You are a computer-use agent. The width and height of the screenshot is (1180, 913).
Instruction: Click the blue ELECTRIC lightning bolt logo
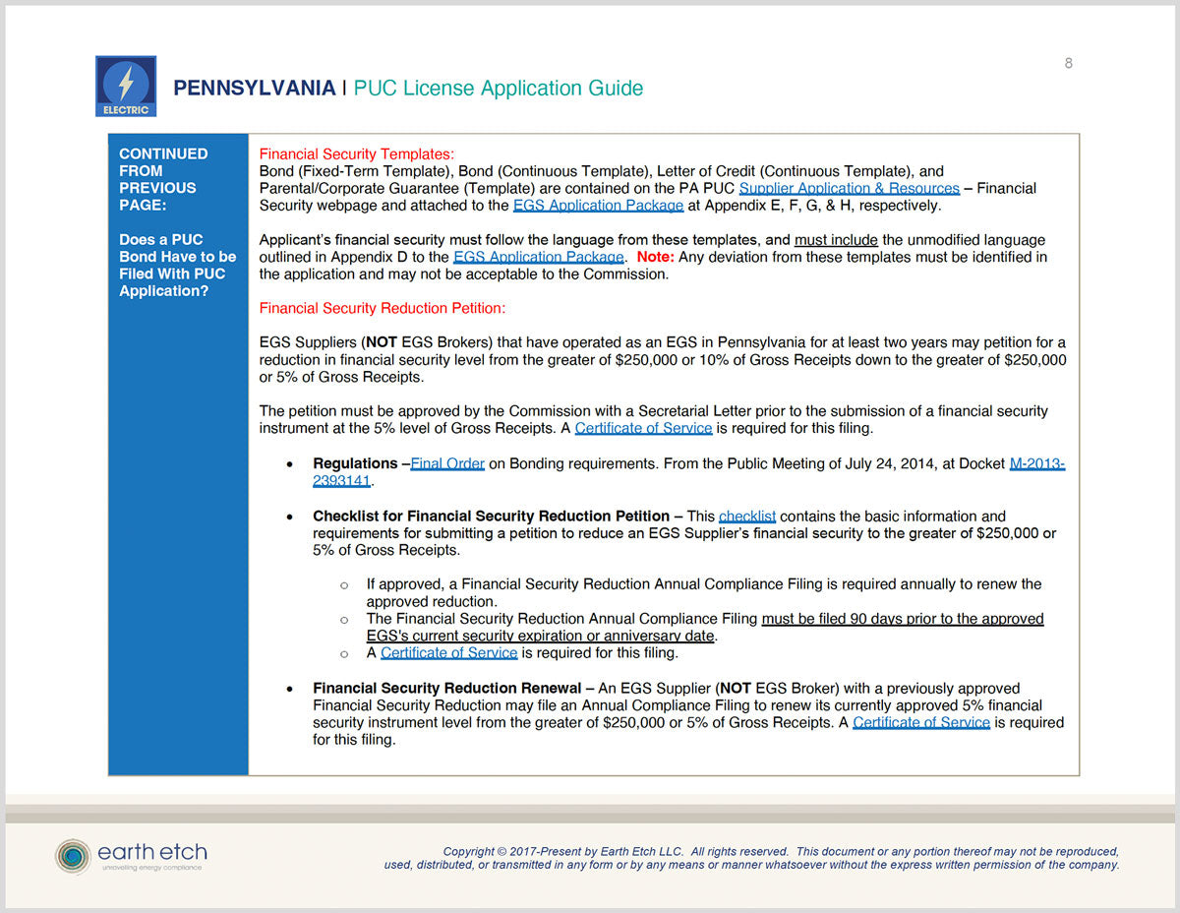coord(126,86)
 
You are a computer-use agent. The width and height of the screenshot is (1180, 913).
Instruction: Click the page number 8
coord(1069,64)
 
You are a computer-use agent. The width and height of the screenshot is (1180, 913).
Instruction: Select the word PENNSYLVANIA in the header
coord(254,89)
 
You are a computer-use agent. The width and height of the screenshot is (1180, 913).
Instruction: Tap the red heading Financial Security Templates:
coord(356,154)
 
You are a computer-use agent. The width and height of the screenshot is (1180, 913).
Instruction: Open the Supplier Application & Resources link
coord(849,188)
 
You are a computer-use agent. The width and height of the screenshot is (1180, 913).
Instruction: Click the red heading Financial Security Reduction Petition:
coord(382,308)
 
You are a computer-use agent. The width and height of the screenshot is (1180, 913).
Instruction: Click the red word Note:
coord(655,257)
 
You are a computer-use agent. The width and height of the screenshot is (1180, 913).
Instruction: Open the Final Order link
coord(446,463)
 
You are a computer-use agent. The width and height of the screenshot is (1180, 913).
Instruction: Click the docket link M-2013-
coord(1036,463)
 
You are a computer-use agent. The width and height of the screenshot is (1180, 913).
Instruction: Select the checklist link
coord(747,516)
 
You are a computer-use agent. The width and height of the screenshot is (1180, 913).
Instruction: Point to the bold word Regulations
coord(355,463)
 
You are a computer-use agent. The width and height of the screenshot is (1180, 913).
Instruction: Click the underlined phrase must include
coord(837,240)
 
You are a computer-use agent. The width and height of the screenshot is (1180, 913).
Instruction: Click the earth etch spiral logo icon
coord(72,856)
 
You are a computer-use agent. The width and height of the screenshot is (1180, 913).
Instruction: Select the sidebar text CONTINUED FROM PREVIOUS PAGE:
coord(163,179)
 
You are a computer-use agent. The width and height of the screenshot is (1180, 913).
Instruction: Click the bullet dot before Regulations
coord(287,463)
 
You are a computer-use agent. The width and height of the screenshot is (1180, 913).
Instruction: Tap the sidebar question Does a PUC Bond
coord(161,240)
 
